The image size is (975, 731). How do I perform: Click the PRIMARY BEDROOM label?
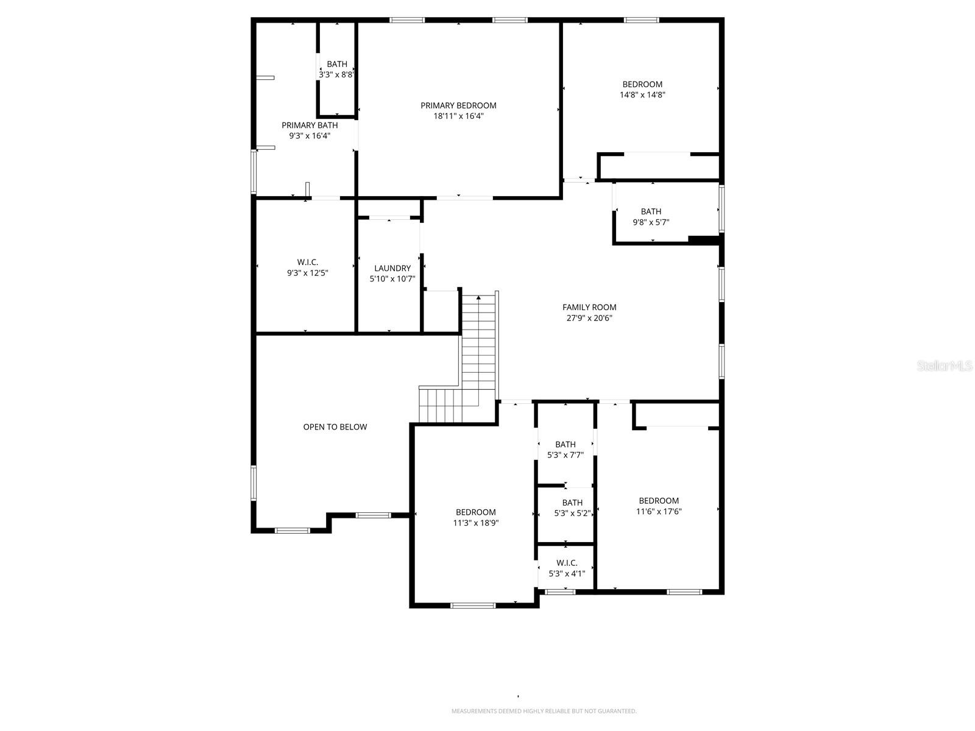(458, 105)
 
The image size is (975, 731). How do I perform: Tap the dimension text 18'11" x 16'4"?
(458, 116)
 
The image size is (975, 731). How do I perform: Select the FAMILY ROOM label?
(589, 307)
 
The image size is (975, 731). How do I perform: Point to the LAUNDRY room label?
(392, 268)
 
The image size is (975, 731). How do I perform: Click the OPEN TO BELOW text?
(335, 427)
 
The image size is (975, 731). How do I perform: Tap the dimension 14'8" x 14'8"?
(642, 95)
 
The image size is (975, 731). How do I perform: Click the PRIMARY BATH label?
(310, 125)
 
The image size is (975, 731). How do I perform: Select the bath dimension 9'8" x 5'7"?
(651, 222)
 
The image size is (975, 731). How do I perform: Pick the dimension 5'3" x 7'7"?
(565, 455)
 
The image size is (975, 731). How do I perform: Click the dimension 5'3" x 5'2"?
(572, 514)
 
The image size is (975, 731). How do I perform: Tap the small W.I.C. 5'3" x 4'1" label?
(567, 568)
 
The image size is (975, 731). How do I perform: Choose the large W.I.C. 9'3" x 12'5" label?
(308, 268)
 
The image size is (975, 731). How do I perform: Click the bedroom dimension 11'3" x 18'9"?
(476, 523)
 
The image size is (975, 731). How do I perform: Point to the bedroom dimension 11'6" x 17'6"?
(659, 512)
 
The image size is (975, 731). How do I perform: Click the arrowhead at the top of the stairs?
(479, 297)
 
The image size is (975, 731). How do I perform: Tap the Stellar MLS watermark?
(945, 365)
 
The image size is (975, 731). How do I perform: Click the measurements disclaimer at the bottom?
(544, 711)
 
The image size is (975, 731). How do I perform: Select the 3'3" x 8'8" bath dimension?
(336, 75)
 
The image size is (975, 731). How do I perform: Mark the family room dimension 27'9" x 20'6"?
(589, 318)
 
